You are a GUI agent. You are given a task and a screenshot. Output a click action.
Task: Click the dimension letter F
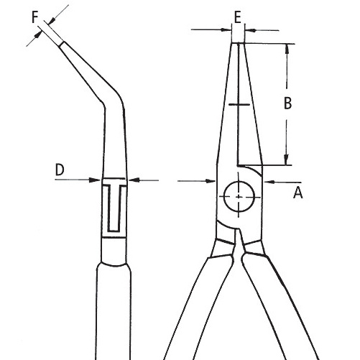(x=35, y=17)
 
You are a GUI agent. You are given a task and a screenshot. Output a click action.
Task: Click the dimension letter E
(x=238, y=17)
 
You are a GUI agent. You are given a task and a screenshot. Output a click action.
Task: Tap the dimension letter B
(x=287, y=103)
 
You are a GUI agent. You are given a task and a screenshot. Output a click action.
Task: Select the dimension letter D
(x=60, y=170)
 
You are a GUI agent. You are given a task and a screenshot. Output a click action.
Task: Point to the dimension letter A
(x=297, y=193)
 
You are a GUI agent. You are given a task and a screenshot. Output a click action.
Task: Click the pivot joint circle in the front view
(x=239, y=197)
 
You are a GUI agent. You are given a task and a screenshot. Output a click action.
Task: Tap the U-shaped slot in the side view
(x=114, y=208)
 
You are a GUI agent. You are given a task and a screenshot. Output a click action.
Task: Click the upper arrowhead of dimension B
(x=287, y=49)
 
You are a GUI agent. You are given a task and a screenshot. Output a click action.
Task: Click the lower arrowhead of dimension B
(x=287, y=160)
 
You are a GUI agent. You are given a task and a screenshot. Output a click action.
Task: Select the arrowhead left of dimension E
(x=226, y=30)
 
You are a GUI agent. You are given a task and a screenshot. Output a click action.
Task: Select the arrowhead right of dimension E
(x=250, y=30)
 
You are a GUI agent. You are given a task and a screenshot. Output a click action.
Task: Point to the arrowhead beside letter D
(x=95, y=180)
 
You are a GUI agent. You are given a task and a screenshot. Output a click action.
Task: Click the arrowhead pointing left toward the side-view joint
(x=134, y=180)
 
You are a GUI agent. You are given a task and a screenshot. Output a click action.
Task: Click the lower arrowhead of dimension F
(x=37, y=35)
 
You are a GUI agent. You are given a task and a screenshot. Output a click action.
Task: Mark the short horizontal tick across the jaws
(x=239, y=104)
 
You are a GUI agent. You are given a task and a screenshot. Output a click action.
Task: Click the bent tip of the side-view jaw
(x=62, y=44)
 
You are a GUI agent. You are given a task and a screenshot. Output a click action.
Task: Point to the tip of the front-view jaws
(x=238, y=43)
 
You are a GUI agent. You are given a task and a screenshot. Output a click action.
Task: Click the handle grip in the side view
(x=114, y=311)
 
